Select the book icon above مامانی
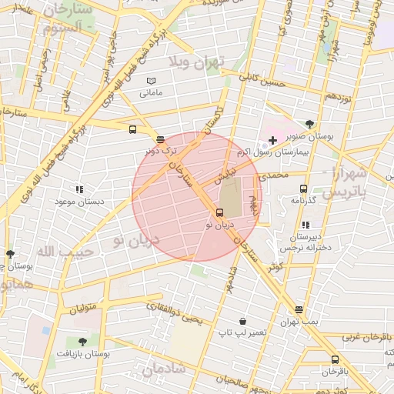[x=151, y=81]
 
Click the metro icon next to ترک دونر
[x=159, y=140]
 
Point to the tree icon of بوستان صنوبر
[x=309, y=123]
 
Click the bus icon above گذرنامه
[x=303, y=188]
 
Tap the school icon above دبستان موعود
[x=78, y=189]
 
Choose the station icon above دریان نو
[x=219, y=213]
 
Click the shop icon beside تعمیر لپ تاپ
[x=243, y=321]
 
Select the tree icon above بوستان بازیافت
[x=82, y=342]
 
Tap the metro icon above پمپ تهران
[x=299, y=309]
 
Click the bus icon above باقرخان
[x=335, y=359]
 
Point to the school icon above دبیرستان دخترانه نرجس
[x=306, y=225]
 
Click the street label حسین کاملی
[x=262, y=79]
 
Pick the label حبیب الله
[x=65, y=252]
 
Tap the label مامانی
[x=151, y=93]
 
